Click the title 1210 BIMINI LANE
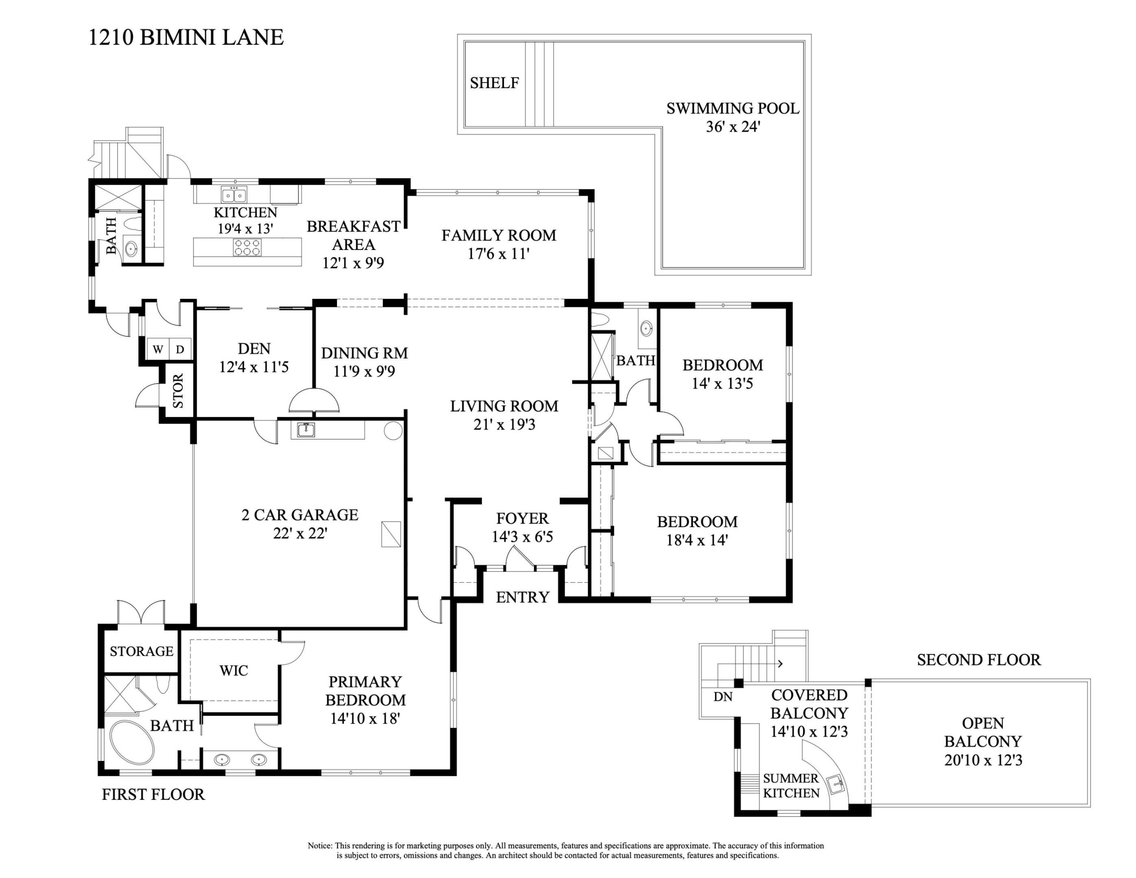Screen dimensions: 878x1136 pyautogui.click(x=186, y=37)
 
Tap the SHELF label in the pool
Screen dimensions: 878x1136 pyautogui.click(x=494, y=83)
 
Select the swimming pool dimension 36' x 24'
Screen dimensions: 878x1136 pyautogui.click(x=732, y=127)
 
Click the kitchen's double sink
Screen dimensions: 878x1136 pyautogui.click(x=234, y=195)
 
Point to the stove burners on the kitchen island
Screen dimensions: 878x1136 pyautogui.click(x=247, y=247)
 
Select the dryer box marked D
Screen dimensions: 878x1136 pyautogui.click(x=180, y=350)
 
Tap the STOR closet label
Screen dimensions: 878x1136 pyautogui.click(x=178, y=391)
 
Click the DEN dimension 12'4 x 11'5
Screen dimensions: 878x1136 pyautogui.click(x=254, y=367)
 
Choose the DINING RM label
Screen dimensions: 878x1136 pyautogui.click(x=364, y=353)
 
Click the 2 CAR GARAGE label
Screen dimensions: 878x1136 pyautogui.click(x=300, y=515)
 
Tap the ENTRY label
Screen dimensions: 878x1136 pyautogui.click(x=522, y=597)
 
